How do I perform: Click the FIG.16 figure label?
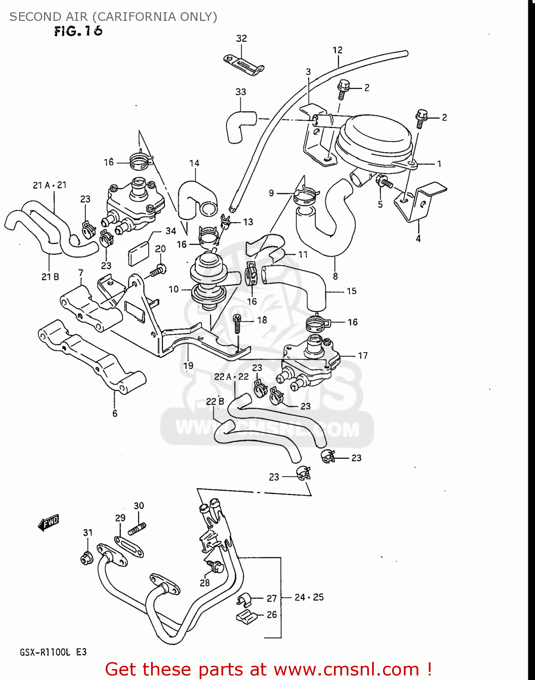pos(78,31)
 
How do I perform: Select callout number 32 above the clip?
pos(241,39)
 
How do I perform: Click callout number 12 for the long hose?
pos(337,50)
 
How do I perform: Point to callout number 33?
pos(241,92)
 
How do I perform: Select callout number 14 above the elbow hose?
pos(194,163)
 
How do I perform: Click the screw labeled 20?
pos(157,271)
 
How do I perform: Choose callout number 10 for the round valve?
pos(173,289)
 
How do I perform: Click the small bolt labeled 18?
pos(237,323)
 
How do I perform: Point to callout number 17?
pos(363,356)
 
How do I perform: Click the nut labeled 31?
pos(86,559)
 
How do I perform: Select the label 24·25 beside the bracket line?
pos(309,597)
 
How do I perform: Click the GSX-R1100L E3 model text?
pos(53,652)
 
